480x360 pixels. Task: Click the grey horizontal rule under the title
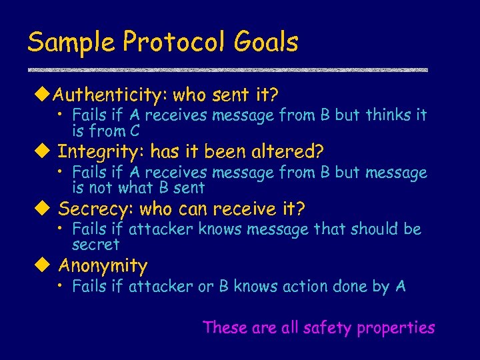227,69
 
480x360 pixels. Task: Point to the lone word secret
95,244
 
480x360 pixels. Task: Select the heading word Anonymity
103,266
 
